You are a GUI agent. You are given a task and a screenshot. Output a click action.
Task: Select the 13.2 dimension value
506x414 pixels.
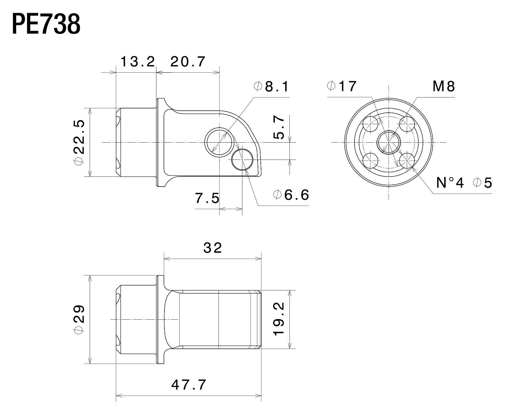click(137, 62)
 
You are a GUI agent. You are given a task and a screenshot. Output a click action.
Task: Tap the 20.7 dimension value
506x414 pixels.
click(188, 62)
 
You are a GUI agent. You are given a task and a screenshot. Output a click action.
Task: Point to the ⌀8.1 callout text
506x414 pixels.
click(272, 87)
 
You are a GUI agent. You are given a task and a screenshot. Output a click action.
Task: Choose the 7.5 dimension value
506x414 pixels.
click(207, 198)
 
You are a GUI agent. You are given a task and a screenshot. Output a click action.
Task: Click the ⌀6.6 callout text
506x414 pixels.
click(291, 195)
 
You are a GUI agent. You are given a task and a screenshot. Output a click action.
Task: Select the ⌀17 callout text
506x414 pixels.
click(342, 86)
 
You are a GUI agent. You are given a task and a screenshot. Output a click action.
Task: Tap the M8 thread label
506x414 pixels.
click(444, 86)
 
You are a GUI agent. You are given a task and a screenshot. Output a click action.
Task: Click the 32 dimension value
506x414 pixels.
click(212, 248)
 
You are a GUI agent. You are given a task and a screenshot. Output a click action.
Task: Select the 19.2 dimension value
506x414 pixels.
click(279, 319)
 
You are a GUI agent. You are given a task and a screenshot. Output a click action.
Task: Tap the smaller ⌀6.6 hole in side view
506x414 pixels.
click(242, 159)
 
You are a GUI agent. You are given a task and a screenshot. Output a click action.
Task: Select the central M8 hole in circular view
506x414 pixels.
click(389, 142)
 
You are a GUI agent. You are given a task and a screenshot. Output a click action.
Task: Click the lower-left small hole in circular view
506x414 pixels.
click(370, 160)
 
